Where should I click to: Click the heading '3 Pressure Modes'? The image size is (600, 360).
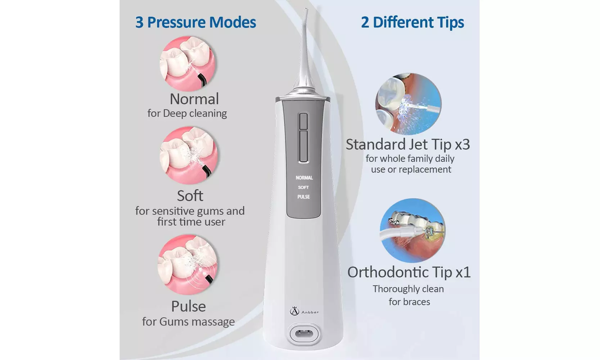(195, 22)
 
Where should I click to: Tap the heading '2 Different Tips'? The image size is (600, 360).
(412, 22)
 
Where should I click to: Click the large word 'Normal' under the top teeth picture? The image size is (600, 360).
(194, 99)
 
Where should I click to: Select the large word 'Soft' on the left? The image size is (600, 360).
(190, 195)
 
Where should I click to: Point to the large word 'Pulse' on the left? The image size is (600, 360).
(188, 306)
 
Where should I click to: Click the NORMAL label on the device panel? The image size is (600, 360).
(304, 177)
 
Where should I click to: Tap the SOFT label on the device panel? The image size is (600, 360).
(303, 187)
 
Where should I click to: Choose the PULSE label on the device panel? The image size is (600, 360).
(303, 197)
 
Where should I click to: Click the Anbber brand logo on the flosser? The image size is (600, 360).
(304, 311)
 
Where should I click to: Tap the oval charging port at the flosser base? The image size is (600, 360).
(304, 333)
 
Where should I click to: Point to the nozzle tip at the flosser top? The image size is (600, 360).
(306, 10)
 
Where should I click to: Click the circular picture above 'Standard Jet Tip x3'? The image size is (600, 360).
(408, 104)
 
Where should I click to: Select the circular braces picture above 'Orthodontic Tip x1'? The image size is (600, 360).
(412, 230)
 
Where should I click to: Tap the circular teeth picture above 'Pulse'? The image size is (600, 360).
(188, 265)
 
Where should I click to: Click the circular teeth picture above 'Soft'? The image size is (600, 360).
(189, 156)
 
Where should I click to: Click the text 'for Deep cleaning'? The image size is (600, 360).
(187, 113)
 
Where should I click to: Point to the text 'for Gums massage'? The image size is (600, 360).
(188, 321)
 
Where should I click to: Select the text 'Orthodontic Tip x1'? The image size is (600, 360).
(409, 272)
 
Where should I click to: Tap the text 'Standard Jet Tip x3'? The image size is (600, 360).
(408, 144)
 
